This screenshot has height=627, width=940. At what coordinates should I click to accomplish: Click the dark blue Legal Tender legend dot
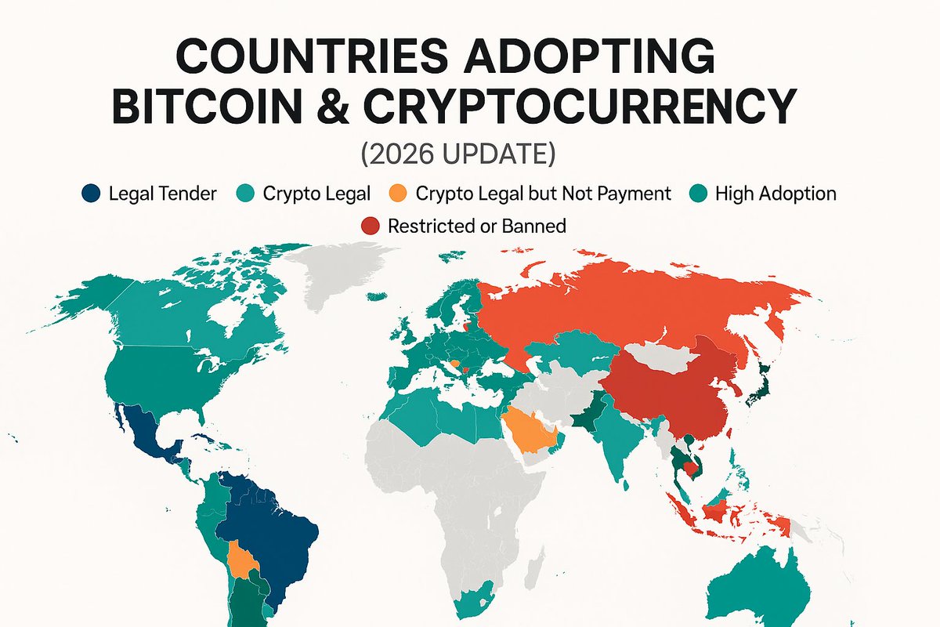coord(92,194)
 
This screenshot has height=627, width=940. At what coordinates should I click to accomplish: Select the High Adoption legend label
coord(775,194)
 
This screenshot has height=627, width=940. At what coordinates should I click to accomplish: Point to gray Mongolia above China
coord(658,357)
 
